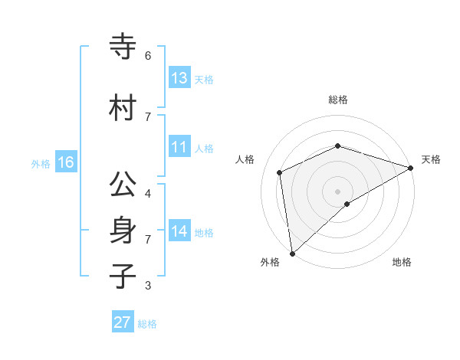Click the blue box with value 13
tap(179, 78)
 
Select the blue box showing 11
tap(179, 148)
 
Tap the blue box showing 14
tap(179, 231)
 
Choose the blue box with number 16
tap(66, 162)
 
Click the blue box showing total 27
tap(123, 322)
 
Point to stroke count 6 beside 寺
tap(148, 56)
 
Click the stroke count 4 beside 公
tap(148, 194)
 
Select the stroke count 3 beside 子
tap(148, 286)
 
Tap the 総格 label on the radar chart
tap(338, 100)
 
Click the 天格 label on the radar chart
tap(431, 159)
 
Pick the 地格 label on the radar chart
tap(402, 263)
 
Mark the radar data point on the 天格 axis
tap(410, 168)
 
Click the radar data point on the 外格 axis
tap(292, 254)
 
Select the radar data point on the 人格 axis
tap(280, 172)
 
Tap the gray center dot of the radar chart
tap(338, 191)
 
